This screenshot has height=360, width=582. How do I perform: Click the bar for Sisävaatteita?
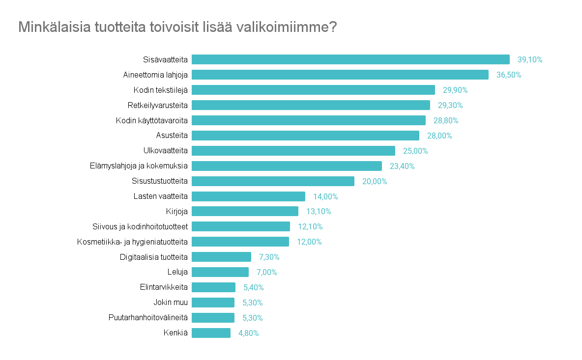[x=350, y=59]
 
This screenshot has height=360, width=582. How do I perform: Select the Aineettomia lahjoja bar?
[x=340, y=75]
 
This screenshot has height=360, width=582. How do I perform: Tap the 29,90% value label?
[x=455, y=90]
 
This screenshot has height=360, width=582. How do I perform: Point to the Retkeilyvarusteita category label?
[x=157, y=105]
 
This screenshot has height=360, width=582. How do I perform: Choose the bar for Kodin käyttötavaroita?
[x=309, y=120]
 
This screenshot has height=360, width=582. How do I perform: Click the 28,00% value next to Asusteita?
[x=439, y=136]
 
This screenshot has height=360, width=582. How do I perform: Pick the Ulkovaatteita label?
[x=165, y=151]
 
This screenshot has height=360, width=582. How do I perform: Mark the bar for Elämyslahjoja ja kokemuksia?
[x=287, y=166]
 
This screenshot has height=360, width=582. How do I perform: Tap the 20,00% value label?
[x=375, y=181]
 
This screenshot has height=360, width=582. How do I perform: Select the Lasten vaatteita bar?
[x=248, y=196]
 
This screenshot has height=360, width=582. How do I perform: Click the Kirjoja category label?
[x=177, y=212]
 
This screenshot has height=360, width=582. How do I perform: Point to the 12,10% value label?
[x=310, y=227]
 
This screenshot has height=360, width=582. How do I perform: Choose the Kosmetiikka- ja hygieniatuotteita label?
[x=132, y=242]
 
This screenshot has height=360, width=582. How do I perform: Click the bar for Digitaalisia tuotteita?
[x=221, y=257]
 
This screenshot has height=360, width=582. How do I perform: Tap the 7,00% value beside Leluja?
[x=267, y=272]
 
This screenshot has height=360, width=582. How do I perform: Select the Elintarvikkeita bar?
[x=214, y=287]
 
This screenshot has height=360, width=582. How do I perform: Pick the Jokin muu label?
[x=171, y=303]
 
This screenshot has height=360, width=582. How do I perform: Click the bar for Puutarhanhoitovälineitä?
[x=213, y=318]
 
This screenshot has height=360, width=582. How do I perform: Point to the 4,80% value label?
[x=248, y=333]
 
